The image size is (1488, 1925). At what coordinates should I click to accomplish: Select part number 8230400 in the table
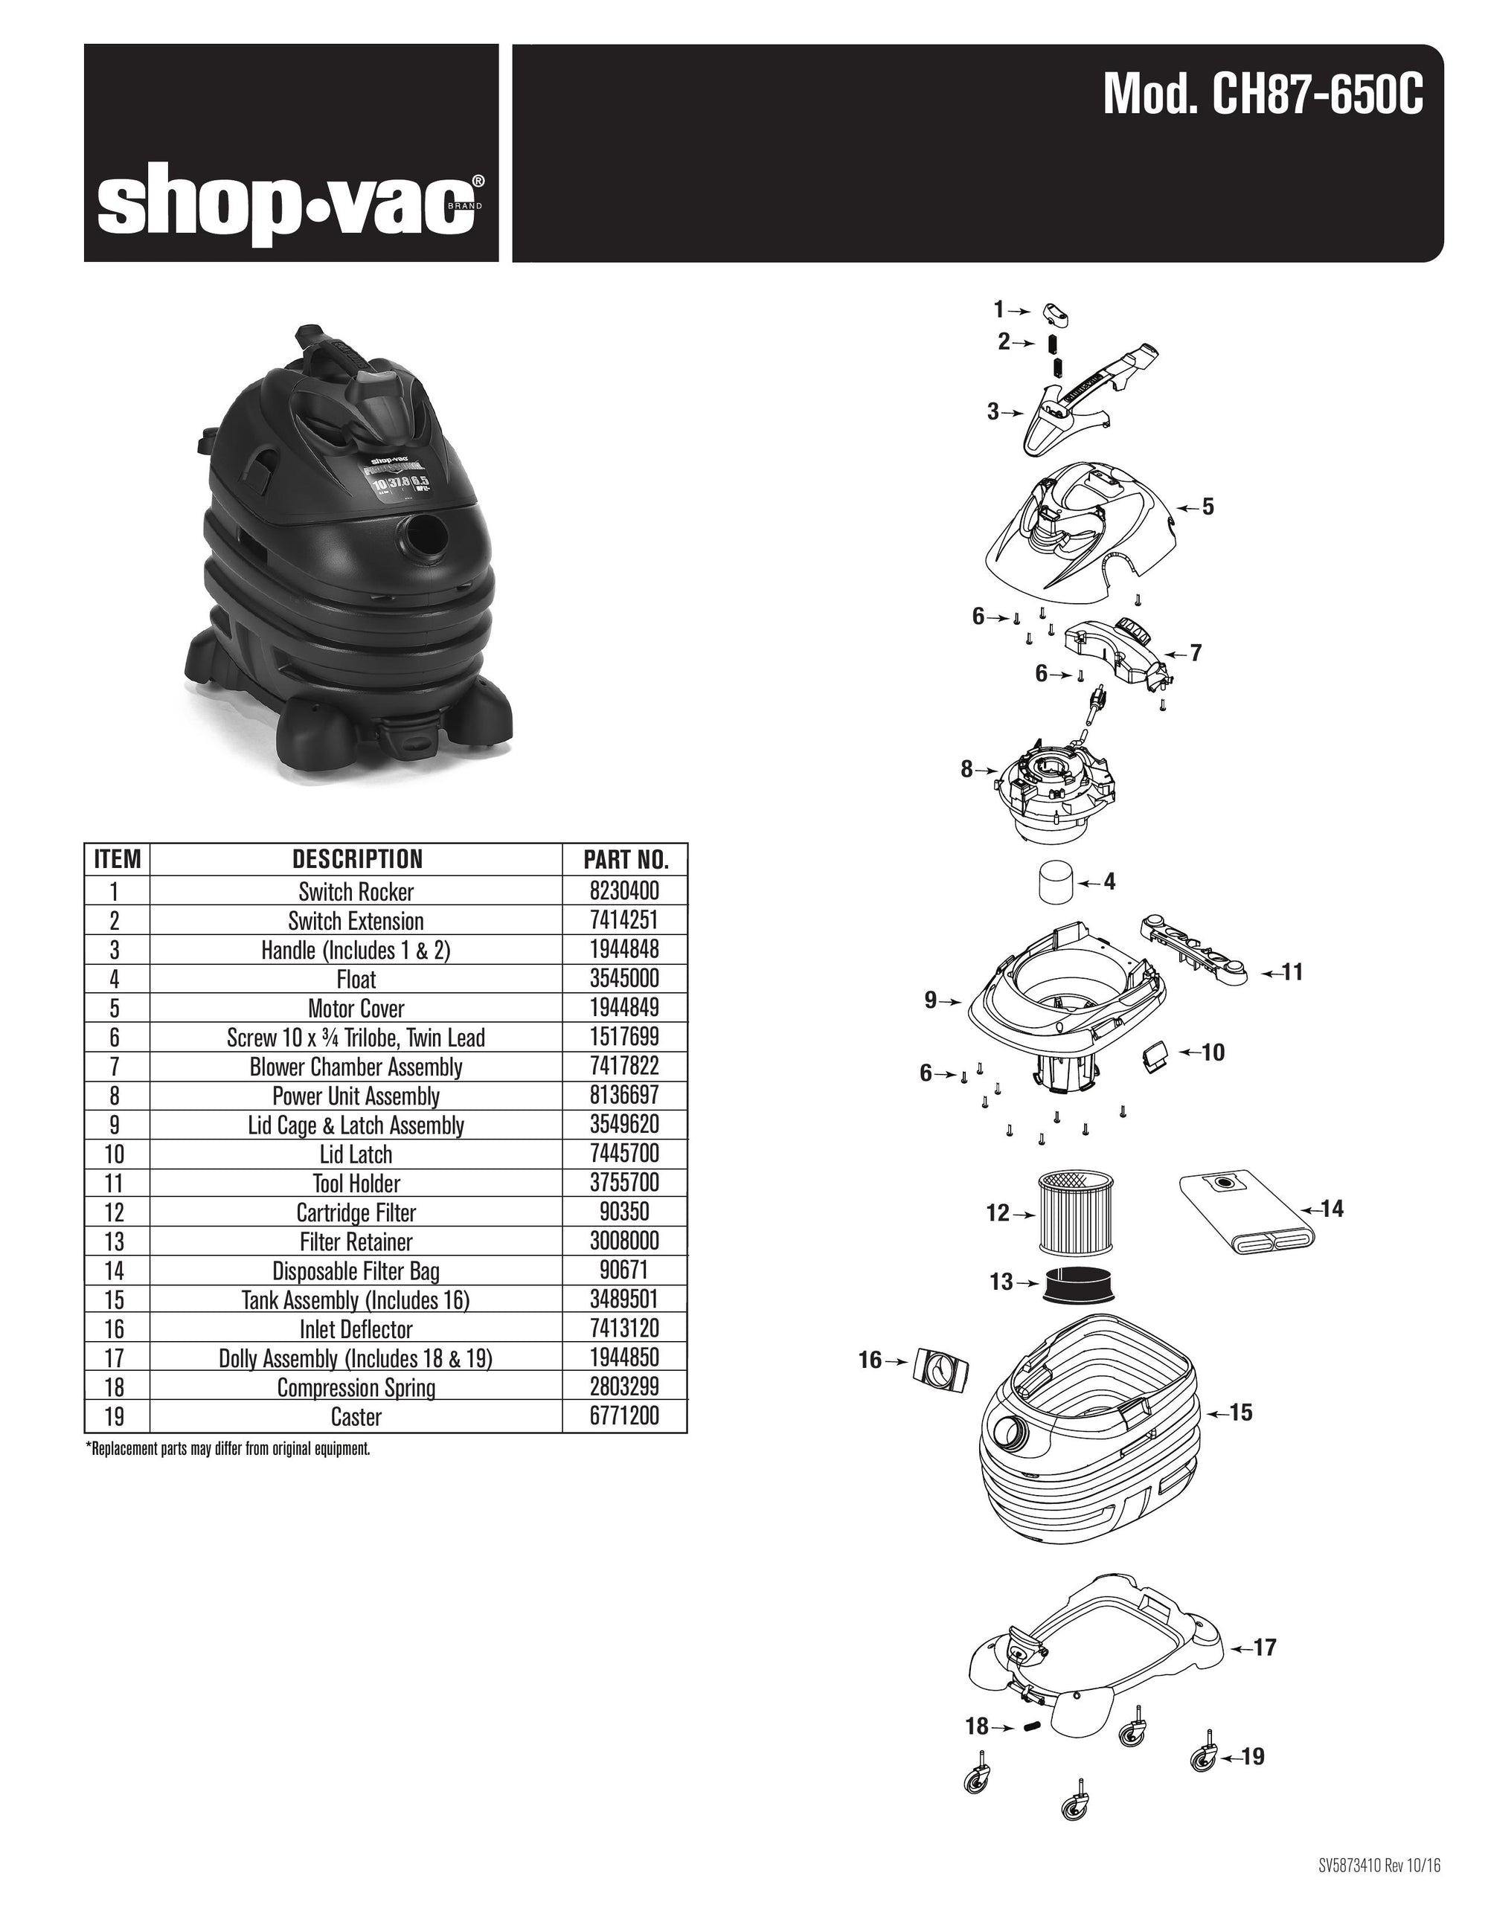624,891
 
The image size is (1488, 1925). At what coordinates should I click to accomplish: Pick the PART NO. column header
625,859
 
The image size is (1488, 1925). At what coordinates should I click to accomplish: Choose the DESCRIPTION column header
356,859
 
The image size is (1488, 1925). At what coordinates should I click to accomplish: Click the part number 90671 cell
624,1271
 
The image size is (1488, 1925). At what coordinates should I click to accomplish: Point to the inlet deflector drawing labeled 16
940,1369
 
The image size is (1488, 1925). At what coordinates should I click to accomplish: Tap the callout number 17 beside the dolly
1264,1648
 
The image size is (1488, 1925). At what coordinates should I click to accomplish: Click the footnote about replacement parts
228,1449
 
